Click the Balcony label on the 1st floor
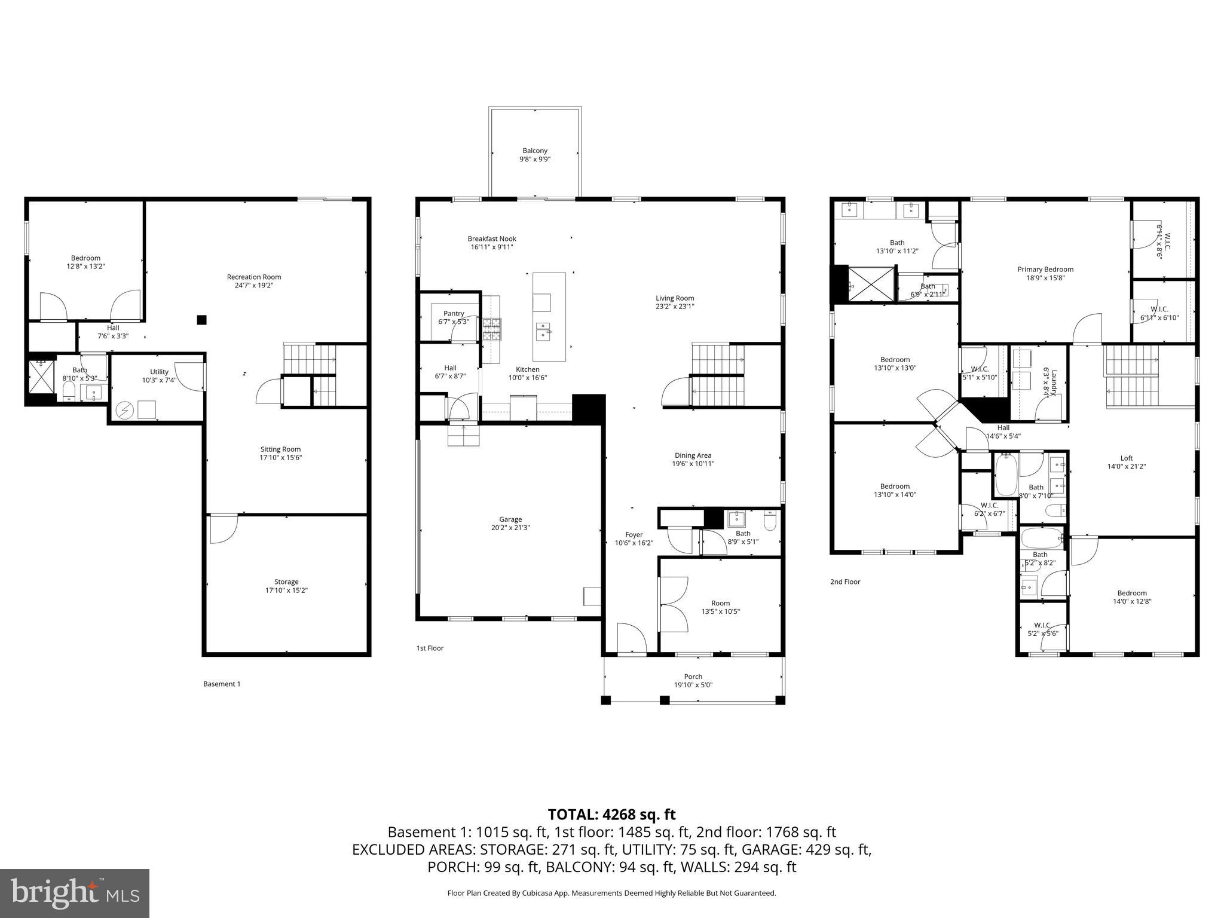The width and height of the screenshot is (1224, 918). (x=535, y=151)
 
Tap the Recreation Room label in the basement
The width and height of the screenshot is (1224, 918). (x=253, y=277)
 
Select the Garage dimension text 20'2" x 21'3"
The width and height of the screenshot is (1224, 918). (x=510, y=528)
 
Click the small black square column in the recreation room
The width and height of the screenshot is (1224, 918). (x=202, y=320)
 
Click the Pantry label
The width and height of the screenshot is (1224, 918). (x=454, y=313)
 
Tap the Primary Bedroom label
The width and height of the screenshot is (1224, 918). (x=1045, y=270)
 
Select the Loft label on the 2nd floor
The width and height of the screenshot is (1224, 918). (x=1127, y=458)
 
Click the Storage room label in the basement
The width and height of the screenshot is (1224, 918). (x=286, y=582)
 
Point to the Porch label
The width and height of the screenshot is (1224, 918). (x=693, y=677)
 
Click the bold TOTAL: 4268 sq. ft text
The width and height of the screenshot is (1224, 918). (x=611, y=815)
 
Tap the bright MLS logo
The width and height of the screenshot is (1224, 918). (x=75, y=893)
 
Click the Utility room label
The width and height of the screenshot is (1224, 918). (x=159, y=372)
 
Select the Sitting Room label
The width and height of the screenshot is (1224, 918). (x=280, y=449)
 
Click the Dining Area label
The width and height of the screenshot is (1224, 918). (x=693, y=455)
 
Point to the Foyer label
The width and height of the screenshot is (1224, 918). (x=634, y=535)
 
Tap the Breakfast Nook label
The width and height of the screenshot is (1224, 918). (x=491, y=238)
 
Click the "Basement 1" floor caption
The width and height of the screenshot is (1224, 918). (x=222, y=684)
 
